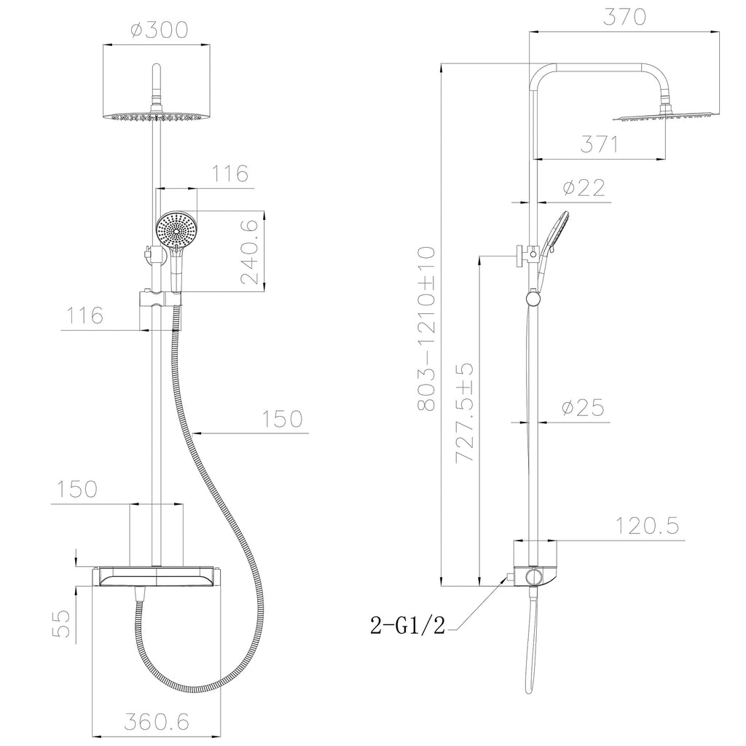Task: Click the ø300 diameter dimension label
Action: (160, 29)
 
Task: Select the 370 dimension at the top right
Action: (624, 17)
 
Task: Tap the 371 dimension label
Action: (600, 144)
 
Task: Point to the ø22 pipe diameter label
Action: (584, 187)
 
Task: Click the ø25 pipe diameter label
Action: (583, 407)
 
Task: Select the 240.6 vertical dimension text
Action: (249, 251)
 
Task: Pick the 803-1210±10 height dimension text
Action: (425, 329)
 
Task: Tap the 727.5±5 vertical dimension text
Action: (465, 412)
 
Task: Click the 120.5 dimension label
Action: (648, 526)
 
